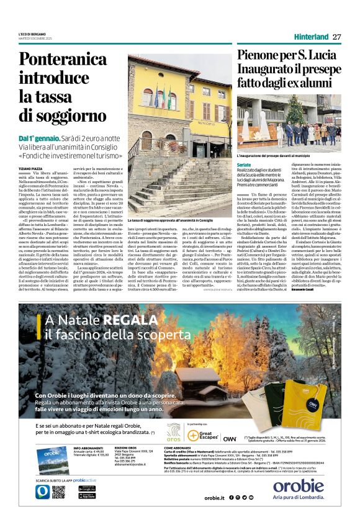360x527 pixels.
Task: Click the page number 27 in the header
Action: (x=337, y=37)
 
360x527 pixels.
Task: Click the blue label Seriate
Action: (x=245, y=164)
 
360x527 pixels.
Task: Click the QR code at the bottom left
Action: (x=58, y=491)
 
